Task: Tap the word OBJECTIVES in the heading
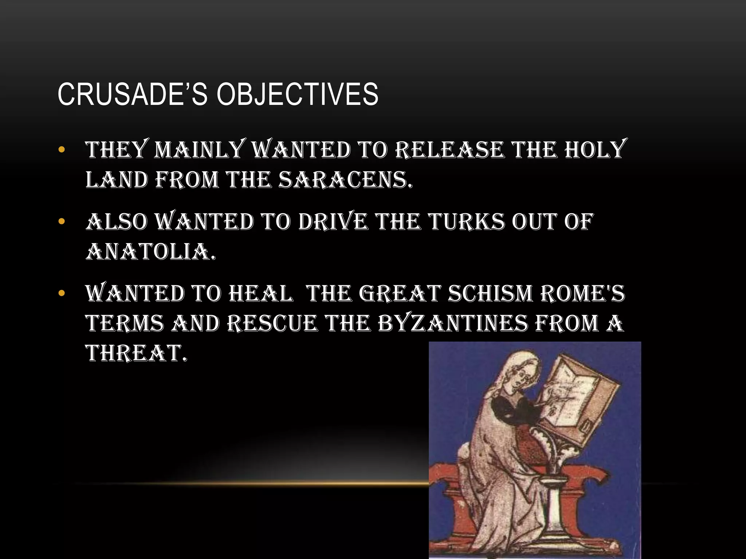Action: point(297,94)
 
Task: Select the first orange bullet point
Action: point(61,150)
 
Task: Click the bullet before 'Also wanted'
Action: point(61,221)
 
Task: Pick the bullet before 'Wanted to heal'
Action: point(61,293)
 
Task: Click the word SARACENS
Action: point(345,180)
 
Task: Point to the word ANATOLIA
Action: point(150,251)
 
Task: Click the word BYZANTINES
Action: point(452,323)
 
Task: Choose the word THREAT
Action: point(136,353)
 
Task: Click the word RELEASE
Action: point(450,150)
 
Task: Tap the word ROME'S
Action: point(582,293)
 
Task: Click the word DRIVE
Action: point(333,222)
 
